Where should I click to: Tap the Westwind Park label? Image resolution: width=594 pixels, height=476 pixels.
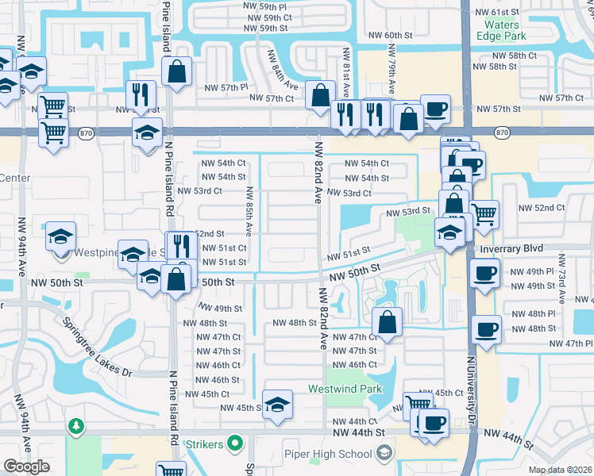point(345,389)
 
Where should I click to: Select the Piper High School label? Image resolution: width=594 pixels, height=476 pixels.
point(328,454)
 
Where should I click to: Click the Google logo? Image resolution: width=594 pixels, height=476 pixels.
point(26,467)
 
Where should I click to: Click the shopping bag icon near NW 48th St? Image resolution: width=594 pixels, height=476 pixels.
point(387,322)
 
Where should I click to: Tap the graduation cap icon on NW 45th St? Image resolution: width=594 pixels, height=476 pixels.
point(277,405)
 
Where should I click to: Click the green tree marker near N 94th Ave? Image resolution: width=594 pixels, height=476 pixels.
point(76,428)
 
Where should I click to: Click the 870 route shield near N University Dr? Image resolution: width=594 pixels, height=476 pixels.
point(501,132)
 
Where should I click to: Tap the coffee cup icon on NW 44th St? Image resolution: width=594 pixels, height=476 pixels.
point(434,422)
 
